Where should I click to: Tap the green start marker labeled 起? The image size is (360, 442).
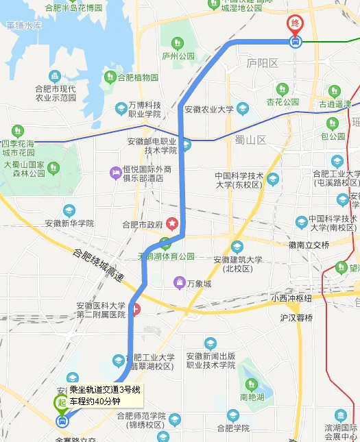(62, 402)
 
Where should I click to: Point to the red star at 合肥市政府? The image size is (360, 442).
(173, 223)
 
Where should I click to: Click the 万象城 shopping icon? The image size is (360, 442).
(179, 282)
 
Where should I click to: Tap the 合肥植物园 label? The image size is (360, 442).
(137, 77)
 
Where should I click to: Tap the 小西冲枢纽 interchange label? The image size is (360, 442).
(291, 298)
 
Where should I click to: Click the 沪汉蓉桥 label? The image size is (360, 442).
(296, 318)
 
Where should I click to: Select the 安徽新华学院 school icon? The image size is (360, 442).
(69, 210)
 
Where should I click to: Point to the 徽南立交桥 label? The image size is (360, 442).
(309, 245)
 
